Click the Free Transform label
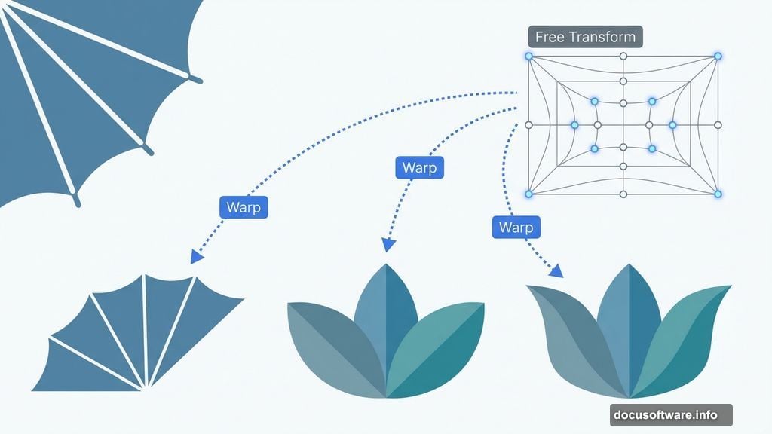pos(585,37)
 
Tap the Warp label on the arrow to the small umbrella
pos(244,207)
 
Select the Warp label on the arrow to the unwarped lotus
pos(419,167)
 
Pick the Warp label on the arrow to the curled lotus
pos(516,228)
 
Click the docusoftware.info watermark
pos(671,415)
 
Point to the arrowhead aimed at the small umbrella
pos(197,257)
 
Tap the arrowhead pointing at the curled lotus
pos(558,271)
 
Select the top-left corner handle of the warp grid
pos(528,57)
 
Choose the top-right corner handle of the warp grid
pos(718,57)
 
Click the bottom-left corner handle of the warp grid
pos(528,194)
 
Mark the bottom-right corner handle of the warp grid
pos(718,194)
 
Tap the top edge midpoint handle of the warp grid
pos(623,57)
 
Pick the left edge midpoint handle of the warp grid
pos(528,124)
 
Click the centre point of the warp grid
pos(623,125)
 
